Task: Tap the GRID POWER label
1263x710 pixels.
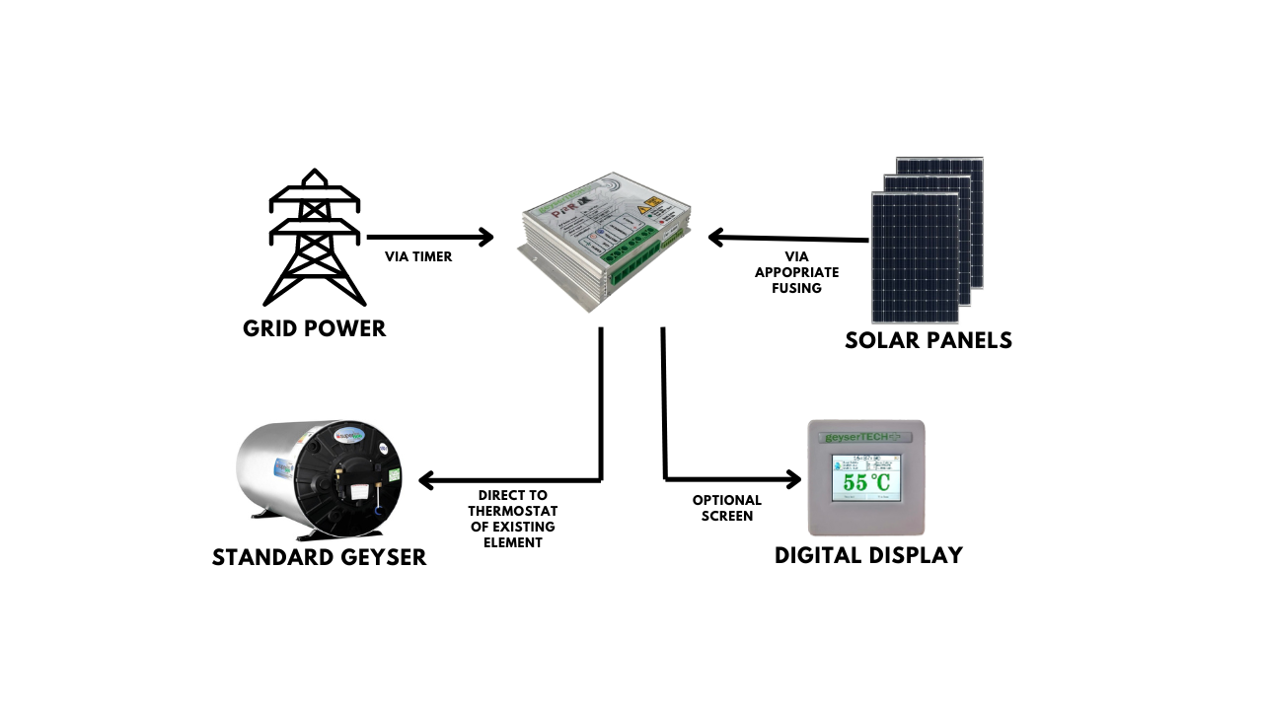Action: click(315, 328)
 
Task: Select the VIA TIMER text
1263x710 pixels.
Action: click(418, 256)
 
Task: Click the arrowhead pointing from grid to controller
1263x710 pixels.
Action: click(484, 237)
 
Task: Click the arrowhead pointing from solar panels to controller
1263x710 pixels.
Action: click(717, 238)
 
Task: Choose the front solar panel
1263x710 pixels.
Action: click(915, 256)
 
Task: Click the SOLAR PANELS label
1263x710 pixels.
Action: click(929, 341)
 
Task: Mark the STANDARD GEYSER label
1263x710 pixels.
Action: click(320, 557)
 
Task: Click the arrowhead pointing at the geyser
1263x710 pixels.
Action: click(427, 480)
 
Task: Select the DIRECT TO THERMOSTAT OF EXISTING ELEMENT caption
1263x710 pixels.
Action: click(512, 519)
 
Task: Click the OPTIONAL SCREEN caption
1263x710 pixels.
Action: click(727, 508)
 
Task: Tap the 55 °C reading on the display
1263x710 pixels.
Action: click(866, 482)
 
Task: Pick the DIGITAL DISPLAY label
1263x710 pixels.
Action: click(868, 555)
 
